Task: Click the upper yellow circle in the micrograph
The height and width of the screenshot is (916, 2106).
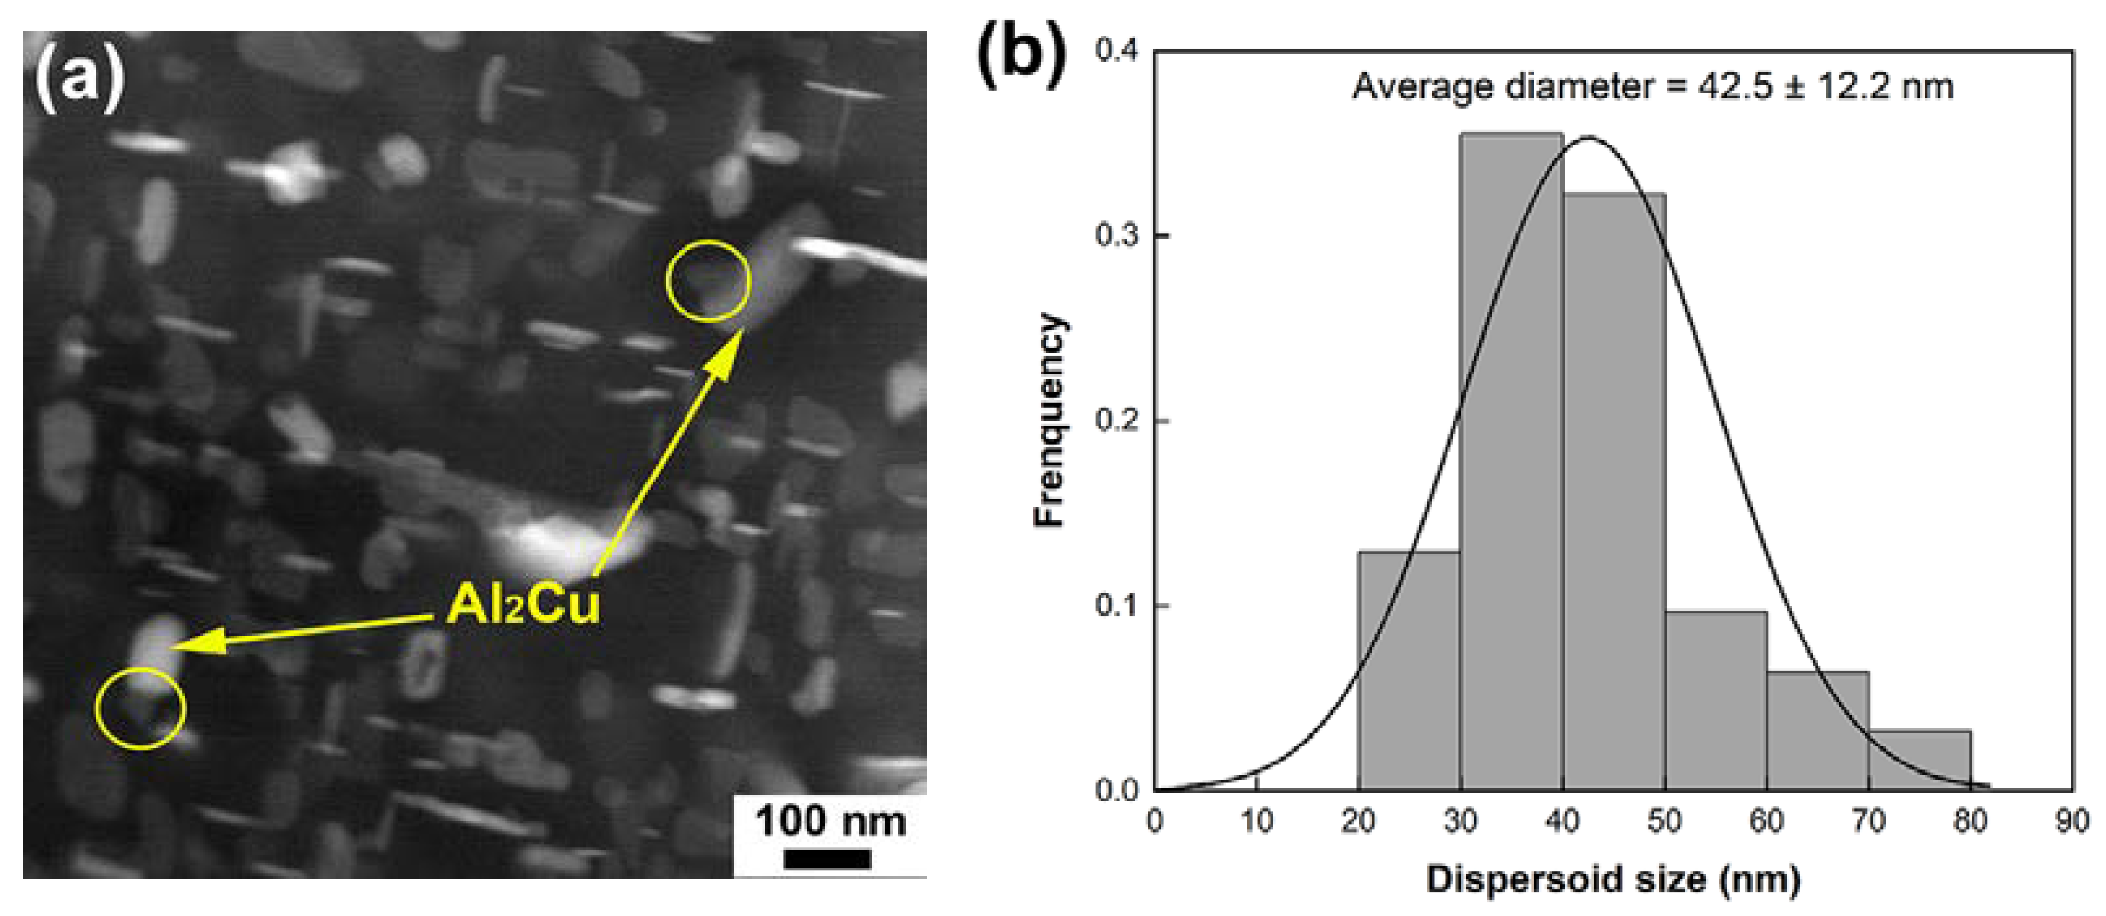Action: tap(708, 280)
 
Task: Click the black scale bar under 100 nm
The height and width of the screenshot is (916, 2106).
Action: tap(827, 859)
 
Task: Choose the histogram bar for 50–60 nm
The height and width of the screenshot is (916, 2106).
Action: tap(1715, 703)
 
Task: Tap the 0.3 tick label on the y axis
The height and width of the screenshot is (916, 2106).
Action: tap(1116, 235)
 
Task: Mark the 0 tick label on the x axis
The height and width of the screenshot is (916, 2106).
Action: tap(1154, 820)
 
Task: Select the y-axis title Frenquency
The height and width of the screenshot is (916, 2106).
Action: tap(1050, 419)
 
